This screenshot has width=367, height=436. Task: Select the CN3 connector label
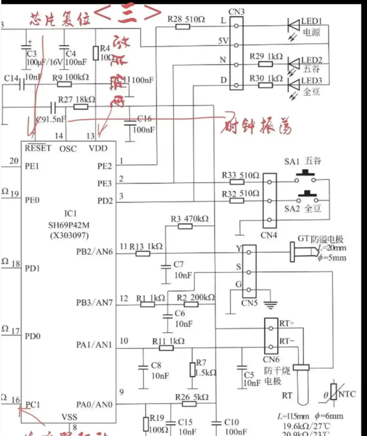[237, 11]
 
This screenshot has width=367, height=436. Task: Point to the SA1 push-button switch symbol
[306, 178]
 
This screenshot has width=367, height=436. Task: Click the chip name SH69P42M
[69, 225]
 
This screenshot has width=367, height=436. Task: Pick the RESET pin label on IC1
[38, 148]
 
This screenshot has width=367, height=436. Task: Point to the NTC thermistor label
[346, 394]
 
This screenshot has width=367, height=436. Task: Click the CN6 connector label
[271, 360]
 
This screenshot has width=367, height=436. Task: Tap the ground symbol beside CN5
[271, 304]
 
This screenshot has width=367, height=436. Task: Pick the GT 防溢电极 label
[321, 239]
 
